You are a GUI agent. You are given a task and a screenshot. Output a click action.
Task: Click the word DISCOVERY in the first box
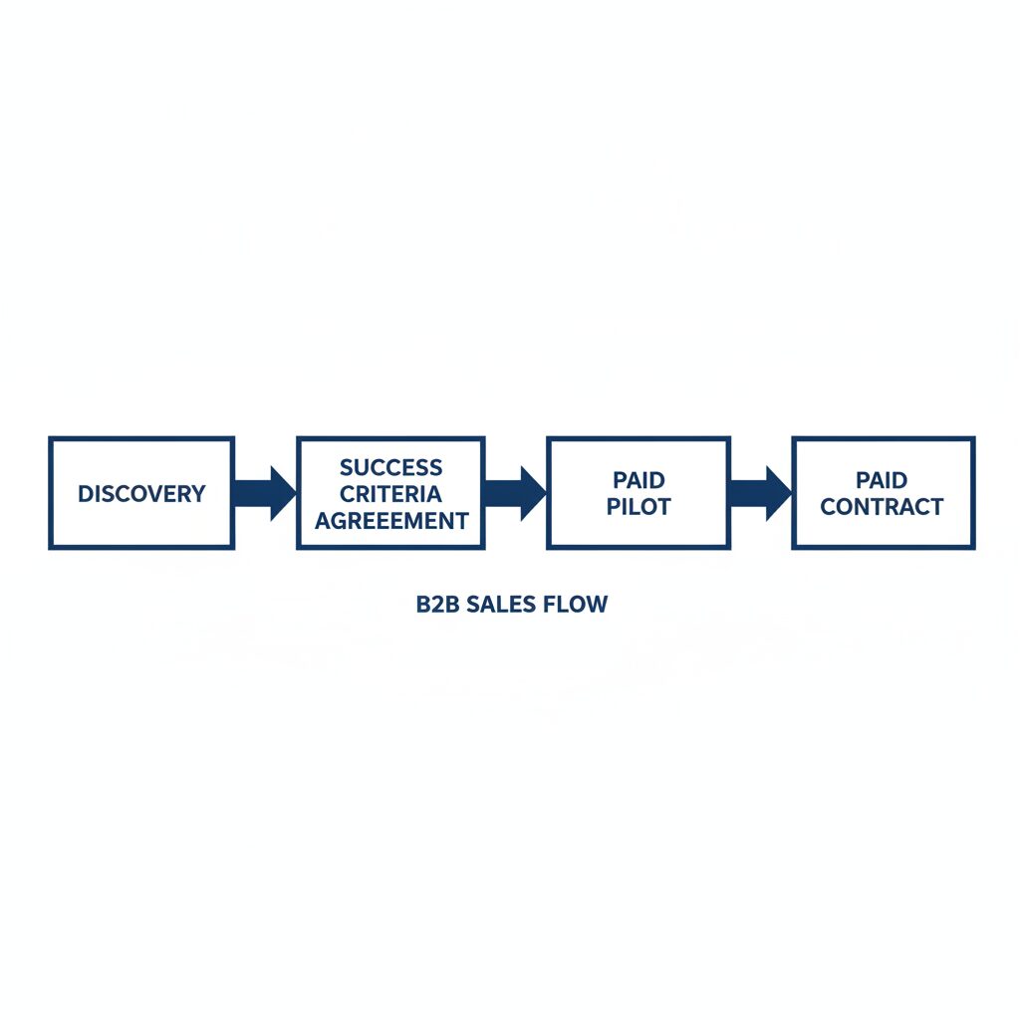click(141, 494)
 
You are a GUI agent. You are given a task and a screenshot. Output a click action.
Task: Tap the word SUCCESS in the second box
click(390, 467)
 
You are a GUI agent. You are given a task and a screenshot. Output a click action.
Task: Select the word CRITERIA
click(390, 494)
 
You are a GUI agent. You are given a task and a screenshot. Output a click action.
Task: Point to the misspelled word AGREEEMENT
click(391, 520)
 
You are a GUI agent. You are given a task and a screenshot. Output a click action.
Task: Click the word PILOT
click(638, 507)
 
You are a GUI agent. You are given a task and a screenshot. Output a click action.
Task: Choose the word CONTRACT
click(883, 507)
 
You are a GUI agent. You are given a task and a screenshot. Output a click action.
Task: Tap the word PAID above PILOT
click(638, 480)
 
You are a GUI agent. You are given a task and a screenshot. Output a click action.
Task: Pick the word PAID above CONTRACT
click(882, 480)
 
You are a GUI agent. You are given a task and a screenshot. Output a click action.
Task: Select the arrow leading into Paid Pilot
click(515, 494)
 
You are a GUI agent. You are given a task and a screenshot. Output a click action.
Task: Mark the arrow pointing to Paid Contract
click(760, 494)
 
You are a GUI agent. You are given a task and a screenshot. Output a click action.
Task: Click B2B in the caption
click(438, 605)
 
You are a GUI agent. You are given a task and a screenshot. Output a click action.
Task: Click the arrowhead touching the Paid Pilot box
click(534, 494)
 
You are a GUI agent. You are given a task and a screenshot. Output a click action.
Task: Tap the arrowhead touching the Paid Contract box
click(779, 494)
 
